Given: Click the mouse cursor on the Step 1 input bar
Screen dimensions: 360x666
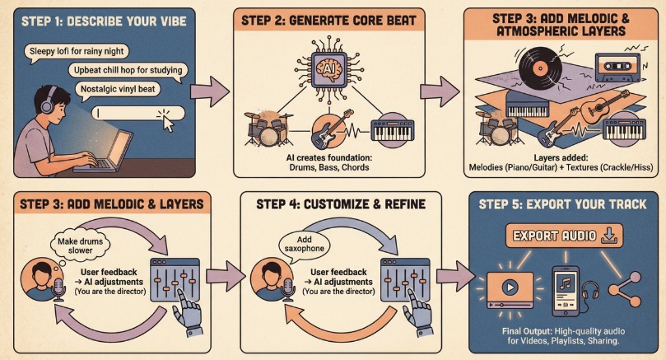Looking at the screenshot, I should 170,124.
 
